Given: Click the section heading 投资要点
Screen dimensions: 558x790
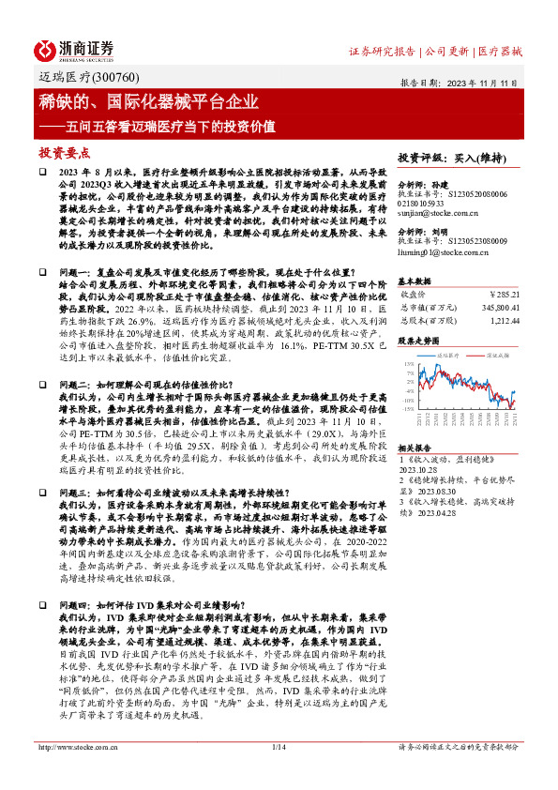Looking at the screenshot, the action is pos(65,152).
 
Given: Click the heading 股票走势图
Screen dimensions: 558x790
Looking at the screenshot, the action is pos(418,342).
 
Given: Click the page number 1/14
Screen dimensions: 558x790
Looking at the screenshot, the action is pos(279,747).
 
